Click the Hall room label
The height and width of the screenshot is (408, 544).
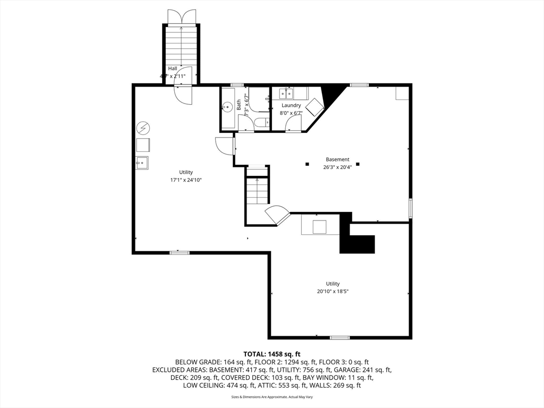coord(173,69)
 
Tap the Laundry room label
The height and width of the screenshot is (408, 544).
coord(291,105)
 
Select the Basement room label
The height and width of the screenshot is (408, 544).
coord(337,159)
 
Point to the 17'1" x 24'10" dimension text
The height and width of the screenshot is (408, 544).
coord(186,180)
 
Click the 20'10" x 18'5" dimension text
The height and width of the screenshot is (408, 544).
coord(333,291)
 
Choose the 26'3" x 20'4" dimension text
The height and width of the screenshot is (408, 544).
coord(337,167)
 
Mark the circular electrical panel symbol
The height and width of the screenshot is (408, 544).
coord(143,128)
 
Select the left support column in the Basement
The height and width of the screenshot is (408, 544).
coord(307,164)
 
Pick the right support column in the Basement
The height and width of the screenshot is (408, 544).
coord(358,164)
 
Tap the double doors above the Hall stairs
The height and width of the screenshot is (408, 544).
coord(182,17)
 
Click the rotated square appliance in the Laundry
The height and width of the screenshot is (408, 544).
coord(314,107)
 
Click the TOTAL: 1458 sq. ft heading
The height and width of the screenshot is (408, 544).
coord(272,354)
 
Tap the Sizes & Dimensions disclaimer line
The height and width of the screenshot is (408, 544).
coord(272,397)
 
